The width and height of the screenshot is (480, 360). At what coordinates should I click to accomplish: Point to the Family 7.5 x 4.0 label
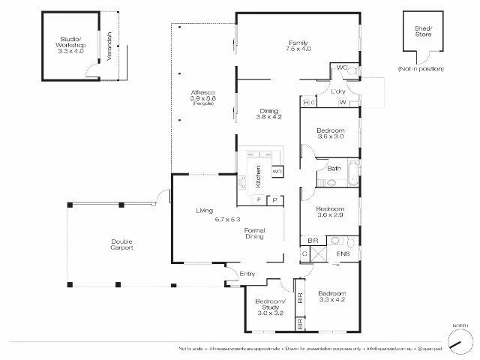298,46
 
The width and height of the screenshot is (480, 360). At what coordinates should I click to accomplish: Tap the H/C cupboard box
307,102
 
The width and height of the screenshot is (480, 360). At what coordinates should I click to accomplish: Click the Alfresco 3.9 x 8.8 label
202,98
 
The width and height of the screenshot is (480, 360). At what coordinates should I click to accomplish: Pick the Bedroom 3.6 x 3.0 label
329,132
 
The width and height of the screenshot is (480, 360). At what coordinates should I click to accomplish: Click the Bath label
334,169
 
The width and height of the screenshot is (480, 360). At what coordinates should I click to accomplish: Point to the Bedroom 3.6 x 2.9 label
329,212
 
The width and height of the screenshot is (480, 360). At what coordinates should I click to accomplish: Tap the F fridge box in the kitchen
259,199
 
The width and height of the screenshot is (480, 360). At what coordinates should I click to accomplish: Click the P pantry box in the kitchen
274,199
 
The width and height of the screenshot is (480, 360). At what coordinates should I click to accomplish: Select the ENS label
343,255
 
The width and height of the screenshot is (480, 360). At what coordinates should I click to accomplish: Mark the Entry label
247,274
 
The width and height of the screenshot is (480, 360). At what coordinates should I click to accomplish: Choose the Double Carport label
122,244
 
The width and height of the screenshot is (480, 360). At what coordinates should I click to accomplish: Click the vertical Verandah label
110,47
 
